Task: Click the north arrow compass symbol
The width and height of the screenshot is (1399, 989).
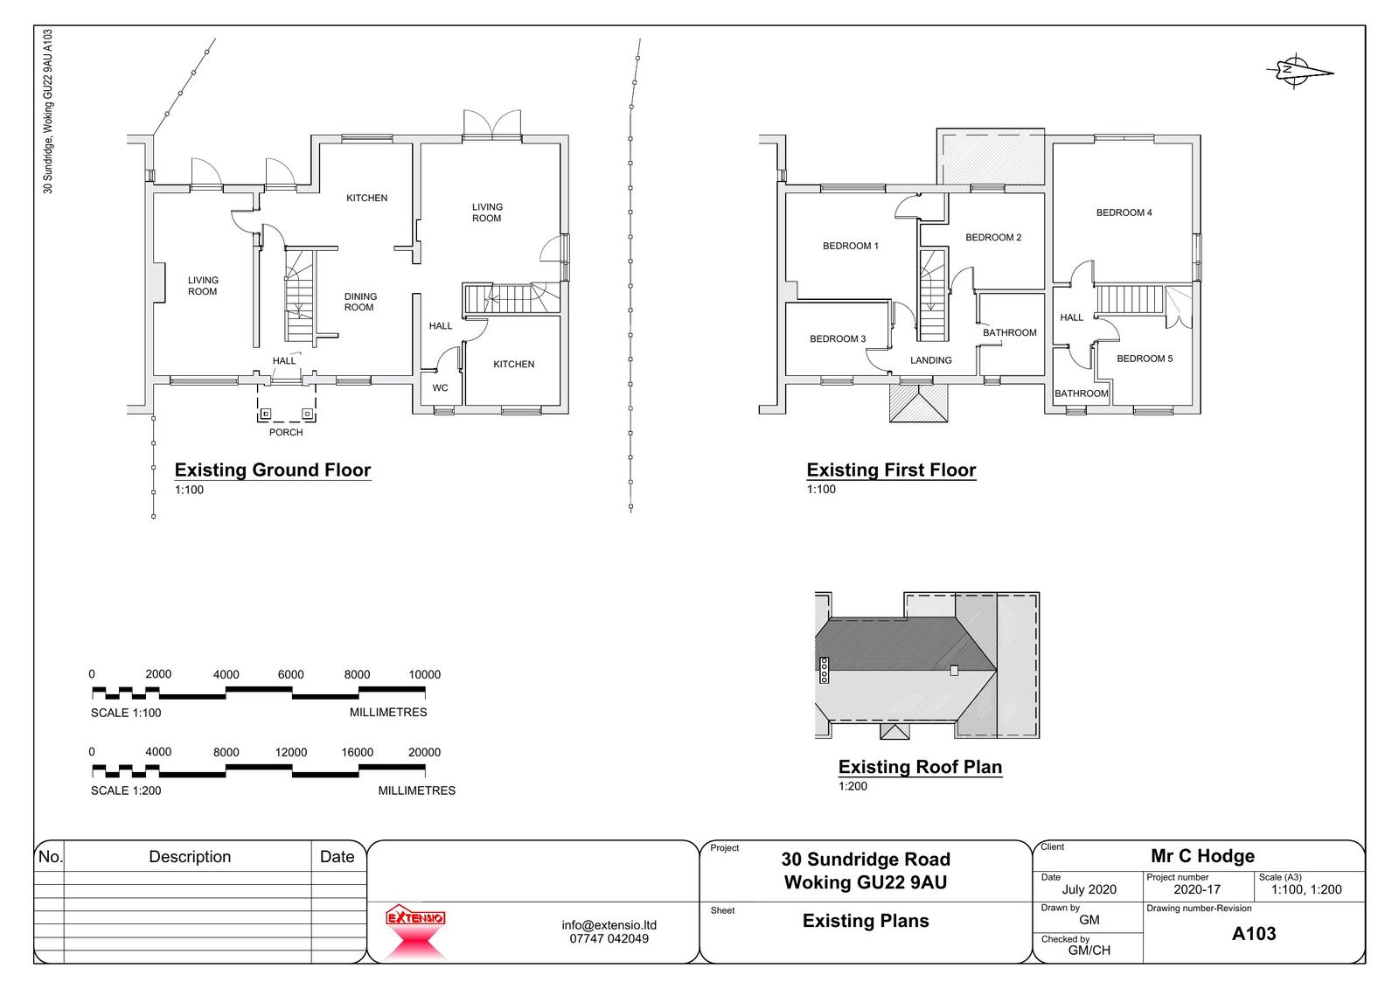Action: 1298,72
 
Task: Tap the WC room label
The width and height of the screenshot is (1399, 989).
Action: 440,388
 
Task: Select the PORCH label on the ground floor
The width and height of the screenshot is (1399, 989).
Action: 286,432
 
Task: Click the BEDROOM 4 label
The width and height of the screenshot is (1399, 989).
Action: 1124,212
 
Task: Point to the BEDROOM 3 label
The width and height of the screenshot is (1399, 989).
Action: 838,338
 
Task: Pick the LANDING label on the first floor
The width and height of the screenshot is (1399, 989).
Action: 930,360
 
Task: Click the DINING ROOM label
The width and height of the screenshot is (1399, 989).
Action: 360,302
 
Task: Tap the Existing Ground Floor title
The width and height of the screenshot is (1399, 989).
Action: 272,470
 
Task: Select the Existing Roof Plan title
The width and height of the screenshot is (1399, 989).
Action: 920,767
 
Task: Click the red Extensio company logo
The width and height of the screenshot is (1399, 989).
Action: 415,931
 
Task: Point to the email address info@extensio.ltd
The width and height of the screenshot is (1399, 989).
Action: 609,924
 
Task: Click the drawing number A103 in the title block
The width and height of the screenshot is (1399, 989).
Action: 1254,933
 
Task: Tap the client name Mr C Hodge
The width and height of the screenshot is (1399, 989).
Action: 1202,855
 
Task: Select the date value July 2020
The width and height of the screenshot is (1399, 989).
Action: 1089,889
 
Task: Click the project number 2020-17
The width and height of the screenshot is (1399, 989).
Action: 1197,889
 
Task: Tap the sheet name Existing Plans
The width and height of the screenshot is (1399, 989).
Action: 866,920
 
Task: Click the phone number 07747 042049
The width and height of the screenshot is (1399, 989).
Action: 609,938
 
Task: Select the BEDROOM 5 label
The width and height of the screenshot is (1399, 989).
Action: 1145,359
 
